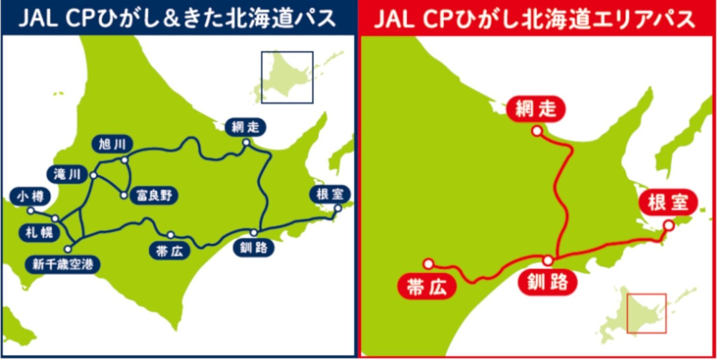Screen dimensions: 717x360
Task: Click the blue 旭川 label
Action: pos(112,144)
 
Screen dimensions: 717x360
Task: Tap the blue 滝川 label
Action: pos(67,175)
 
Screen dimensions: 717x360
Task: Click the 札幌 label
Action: pos(39,232)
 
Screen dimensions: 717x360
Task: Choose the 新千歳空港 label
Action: pos(63,265)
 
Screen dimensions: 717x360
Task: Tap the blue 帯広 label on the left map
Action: pos(169,251)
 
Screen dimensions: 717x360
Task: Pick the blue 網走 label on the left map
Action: pos(245,127)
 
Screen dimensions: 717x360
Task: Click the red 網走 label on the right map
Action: pos(536,109)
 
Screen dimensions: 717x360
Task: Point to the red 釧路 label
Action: pos(548,282)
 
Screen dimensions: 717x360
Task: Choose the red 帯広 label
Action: pos(427,288)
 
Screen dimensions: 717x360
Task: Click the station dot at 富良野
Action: pos(124,195)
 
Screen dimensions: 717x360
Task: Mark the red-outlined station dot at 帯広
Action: pos(429,264)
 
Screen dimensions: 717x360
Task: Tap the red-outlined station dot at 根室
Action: pos(668,226)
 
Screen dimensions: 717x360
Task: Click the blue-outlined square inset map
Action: pos(287,77)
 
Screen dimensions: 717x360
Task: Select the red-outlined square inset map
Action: pos(646,313)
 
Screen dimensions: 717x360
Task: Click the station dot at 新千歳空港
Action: pos(69,249)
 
